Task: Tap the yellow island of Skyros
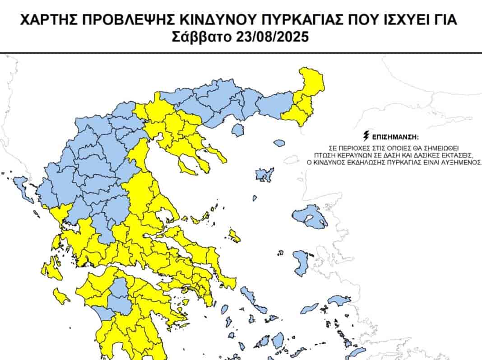[x=234, y=235]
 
